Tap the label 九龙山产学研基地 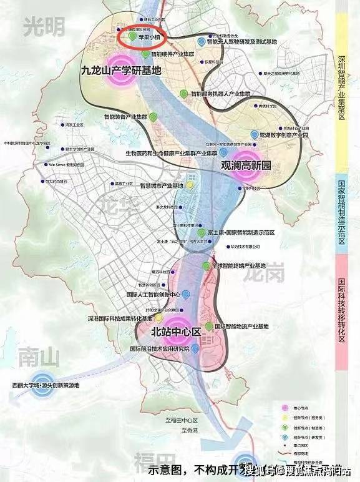[x=121, y=71]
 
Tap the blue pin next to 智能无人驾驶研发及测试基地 [x=200, y=42]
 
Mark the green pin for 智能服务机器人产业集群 [x=182, y=93]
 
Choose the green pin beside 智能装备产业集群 [x=163, y=116]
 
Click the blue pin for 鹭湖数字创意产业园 [x=253, y=134]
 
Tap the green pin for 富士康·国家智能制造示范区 [x=218, y=232]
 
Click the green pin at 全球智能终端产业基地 [x=206, y=266]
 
